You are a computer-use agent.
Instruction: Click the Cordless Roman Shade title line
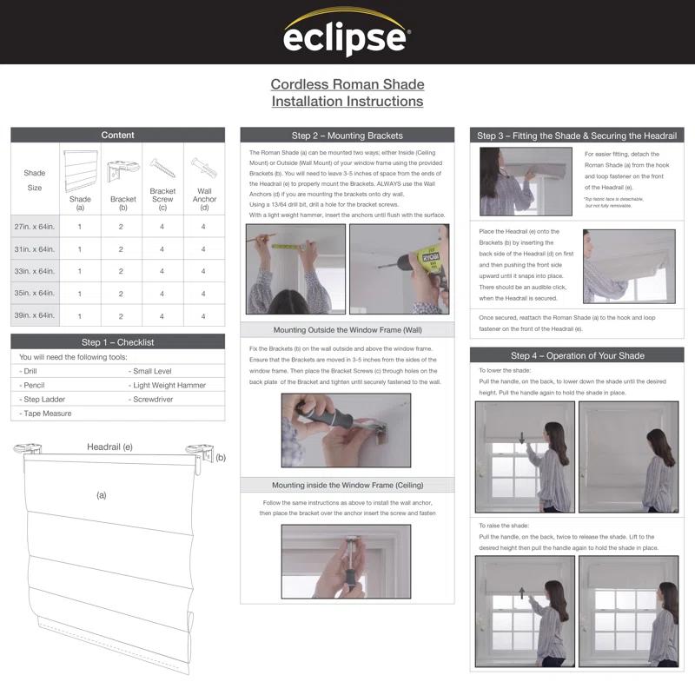coord(347,84)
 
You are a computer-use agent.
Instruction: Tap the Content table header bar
coord(117,135)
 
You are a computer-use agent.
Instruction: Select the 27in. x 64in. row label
coord(35,226)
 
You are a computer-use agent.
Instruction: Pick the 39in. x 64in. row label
coord(35,315)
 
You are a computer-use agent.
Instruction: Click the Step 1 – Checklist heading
coord(117,342)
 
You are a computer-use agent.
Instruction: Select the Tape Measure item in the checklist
coord(45,414)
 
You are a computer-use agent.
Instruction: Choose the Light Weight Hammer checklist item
coord(169,385)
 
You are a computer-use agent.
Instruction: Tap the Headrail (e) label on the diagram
coord(109,447)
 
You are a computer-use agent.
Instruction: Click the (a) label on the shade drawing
coord(101,495)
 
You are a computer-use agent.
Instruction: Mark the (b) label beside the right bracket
coord(221,457)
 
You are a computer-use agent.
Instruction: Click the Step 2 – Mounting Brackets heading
coord(347,136)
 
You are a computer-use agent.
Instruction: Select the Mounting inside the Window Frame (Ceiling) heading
coord(347,485)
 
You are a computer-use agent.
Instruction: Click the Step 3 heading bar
coord(577,136)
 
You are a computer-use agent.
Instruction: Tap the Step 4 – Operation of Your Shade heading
coord(577,355)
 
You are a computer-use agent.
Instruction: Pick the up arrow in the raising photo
coord(522,594)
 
